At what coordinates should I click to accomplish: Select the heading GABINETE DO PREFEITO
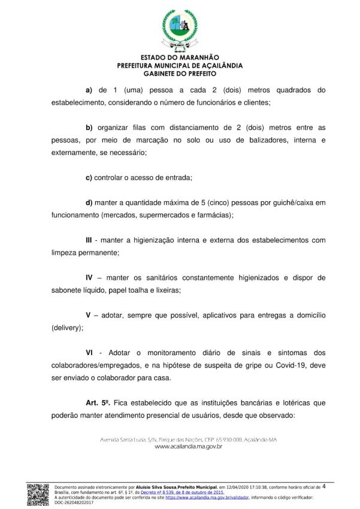point(180,74)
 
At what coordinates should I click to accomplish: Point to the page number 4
point(324,486)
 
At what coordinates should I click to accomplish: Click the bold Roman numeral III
point(91,240)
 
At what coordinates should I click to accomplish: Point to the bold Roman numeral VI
point(91,353)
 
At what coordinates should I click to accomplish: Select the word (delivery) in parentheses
point(67,328)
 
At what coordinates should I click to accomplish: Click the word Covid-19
point(289,366)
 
